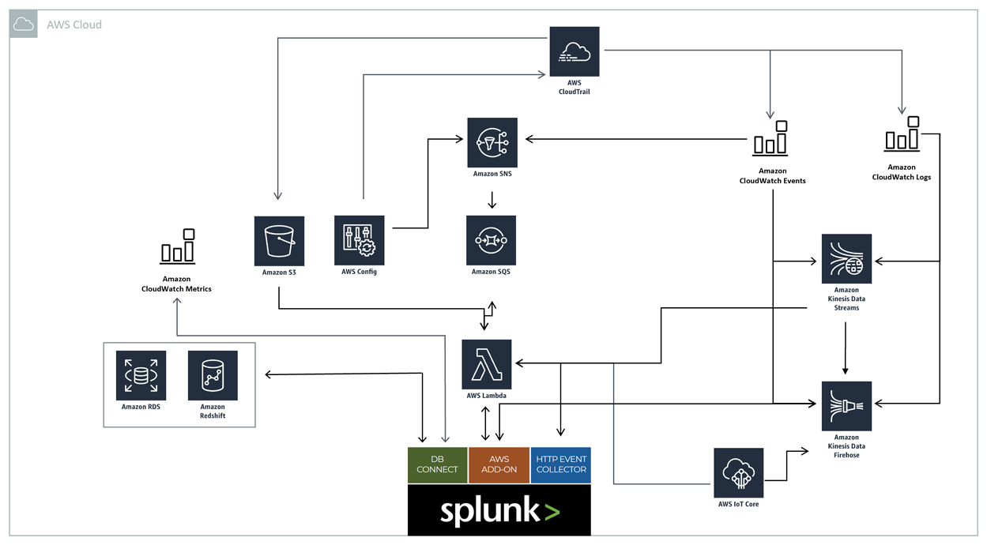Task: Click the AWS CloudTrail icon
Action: click(x=574, y=51)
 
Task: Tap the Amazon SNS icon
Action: click(x=492, y=143)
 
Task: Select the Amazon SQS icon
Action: click(x=492, y=240)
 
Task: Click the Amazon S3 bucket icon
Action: click(x=279, y=241)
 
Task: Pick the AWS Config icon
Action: click(x=360, y=240)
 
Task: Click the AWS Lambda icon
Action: click(x=487, y=364)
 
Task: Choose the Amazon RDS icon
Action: click(x=141, y=375)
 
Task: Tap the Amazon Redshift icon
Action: click(x=213, y=375)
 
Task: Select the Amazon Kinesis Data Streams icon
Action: click(x=846, y=259)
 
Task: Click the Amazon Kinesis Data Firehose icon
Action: click(x=846, y=406)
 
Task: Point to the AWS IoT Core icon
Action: click(x=739, y=472)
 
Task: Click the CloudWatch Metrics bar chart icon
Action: click(x=178, y=246)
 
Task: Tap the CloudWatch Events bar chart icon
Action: click(x=770, y=138)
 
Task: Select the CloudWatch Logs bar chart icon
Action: click(x=902, y=134)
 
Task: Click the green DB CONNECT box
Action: click(x=437, y=465)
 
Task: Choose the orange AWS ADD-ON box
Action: click(x=499, y=465)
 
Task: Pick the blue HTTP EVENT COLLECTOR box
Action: click(x=561, y=465)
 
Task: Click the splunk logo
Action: click(x=499, y=510)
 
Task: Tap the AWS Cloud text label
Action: click(x=74, y=24)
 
